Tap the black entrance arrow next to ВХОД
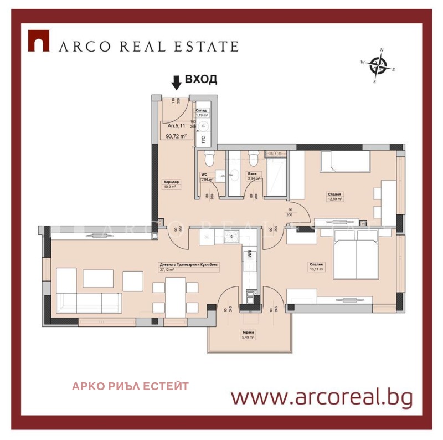coord(176,83)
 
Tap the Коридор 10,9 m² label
coord(169,185)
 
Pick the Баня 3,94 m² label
coord(254,176)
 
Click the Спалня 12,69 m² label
coord(334,197)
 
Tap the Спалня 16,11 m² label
coord(317,267)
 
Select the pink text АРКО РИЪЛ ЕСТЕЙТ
coord(130,386)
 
